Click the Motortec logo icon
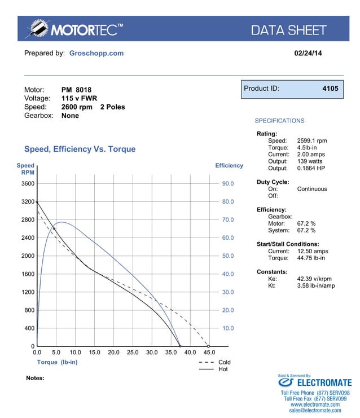tap(38, 29)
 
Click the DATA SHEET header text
tap(288, 30)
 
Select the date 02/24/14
tap(309, 53)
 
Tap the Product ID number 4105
tap(330, 89)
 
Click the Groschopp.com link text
tap(96, 53)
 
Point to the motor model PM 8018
tap(76, 90)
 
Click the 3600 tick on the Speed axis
tap(28, 183)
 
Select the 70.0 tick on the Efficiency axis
tap(227, 219)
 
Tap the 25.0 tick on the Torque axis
tap(133, 352)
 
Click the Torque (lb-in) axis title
tap(57, 362)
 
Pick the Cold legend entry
tap(224, 362)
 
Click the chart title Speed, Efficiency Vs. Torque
tap(80, 149)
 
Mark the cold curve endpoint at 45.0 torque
tap(208, 346)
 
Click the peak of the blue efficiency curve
tap(61, 222)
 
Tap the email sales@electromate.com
tap(315, 411)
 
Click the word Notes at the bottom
tap(35, 378)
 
